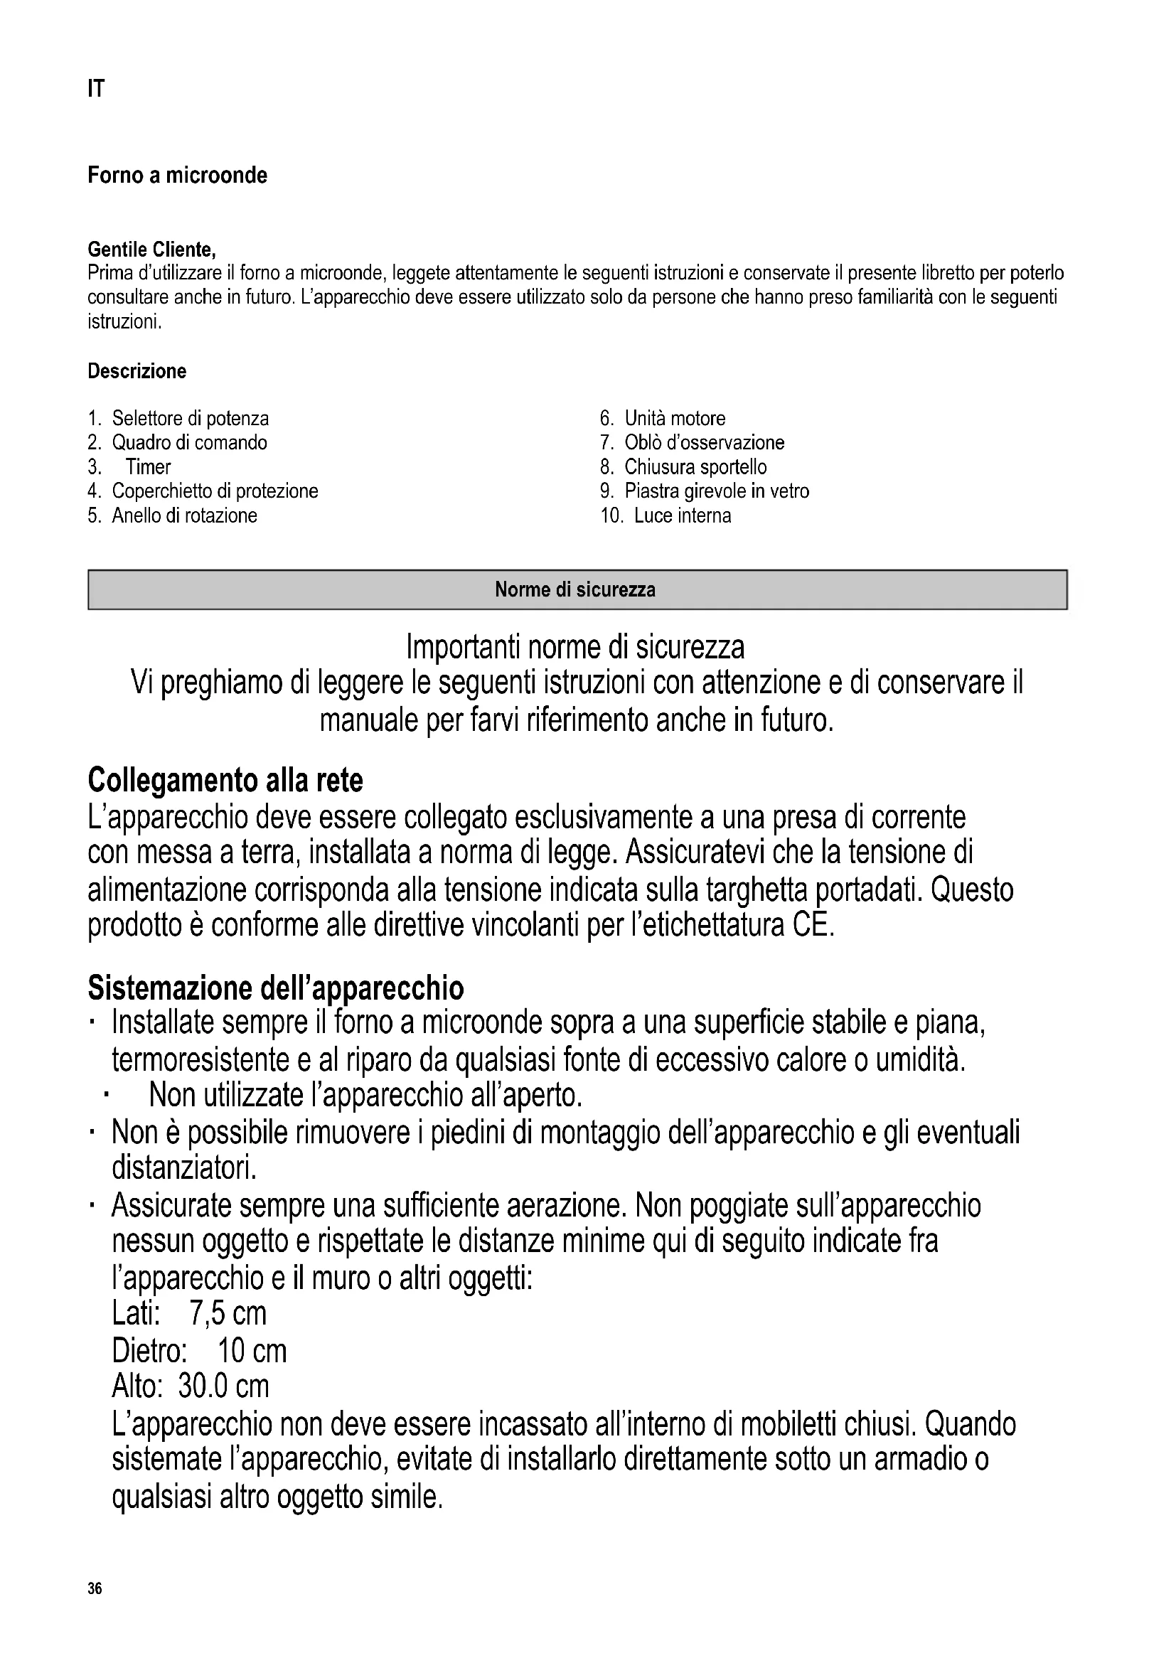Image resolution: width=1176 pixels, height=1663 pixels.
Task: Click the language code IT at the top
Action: tap(95, 89)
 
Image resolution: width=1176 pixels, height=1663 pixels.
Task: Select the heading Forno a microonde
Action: tap(178, 176)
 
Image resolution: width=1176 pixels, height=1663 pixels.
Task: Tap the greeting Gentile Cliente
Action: tap(151, 250)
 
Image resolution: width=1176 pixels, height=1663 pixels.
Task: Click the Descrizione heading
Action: tap(137, 372)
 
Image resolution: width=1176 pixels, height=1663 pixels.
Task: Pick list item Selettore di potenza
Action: tap(190, 419)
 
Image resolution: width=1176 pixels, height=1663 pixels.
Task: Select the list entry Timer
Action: tap(148, 467)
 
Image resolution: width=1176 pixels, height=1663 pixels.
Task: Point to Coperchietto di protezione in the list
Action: tap(214, 491)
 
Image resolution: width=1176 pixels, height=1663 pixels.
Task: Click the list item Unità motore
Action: tap(674, 419)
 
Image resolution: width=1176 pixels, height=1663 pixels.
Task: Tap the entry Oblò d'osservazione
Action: tap(704, 442)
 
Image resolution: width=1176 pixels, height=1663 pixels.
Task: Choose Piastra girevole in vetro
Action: tap(716, 491)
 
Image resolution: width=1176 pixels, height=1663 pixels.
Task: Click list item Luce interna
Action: tap(682, 515)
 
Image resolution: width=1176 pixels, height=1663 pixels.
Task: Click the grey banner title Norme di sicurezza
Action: tap(575, 589)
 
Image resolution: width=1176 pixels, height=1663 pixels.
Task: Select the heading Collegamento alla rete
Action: tap(225, 780)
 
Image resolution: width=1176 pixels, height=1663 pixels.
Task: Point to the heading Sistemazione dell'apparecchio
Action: tap(276, 988)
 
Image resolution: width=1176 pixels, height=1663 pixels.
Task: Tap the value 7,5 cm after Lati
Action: tap(228, 1312)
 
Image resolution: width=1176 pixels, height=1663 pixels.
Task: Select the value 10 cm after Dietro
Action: tap(252, 1350)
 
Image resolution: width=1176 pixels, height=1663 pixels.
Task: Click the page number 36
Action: tap(95, 1589)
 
